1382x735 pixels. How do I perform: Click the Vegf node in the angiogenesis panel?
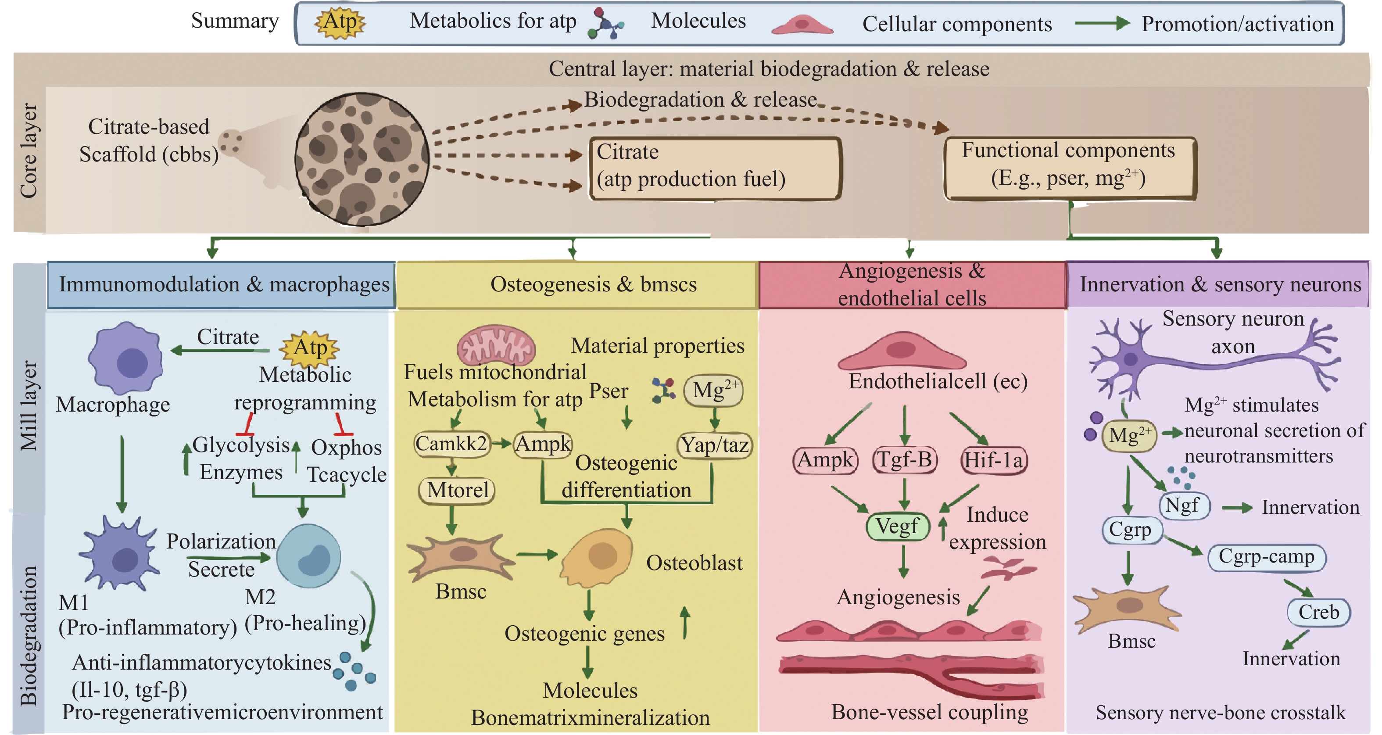[898, 526]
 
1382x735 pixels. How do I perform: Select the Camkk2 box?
[452, 444]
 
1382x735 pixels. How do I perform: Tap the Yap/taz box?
[715, 445]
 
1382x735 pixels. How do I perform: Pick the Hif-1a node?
[994, 460]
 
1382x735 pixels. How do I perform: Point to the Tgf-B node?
[905, 460]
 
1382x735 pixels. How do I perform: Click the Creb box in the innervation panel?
[1318, 612]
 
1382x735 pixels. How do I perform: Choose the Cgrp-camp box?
[1266, 557]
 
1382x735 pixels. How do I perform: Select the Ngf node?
[1184, 506]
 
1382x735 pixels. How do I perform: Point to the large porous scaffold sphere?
[362, 159]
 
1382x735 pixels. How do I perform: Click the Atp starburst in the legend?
[340, 22]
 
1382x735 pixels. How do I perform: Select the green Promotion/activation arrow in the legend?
[1103, 23]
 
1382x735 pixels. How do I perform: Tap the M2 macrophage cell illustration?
[308, 556]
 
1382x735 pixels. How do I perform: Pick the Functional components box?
[1069, 168]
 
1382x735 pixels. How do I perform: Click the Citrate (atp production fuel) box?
[715, 168]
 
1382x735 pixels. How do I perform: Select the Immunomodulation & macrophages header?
[221, 285]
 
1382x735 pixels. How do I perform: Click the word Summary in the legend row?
[235, 22]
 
